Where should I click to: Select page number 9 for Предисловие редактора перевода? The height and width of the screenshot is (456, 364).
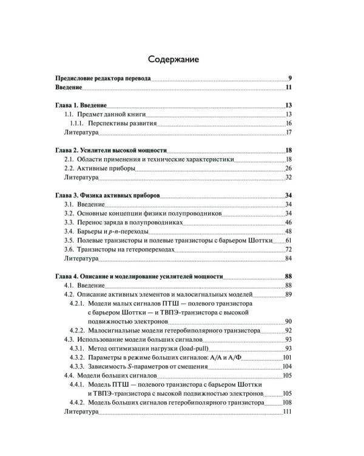coord(291,78)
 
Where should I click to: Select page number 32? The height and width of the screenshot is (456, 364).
coord(289,178)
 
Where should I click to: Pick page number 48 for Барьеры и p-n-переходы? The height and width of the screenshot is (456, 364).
coord(289,232)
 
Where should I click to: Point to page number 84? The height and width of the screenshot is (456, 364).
coord(289,258)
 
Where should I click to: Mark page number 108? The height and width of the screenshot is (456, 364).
coord(288,402)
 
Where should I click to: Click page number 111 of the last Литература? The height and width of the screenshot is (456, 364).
coord(288,412)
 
